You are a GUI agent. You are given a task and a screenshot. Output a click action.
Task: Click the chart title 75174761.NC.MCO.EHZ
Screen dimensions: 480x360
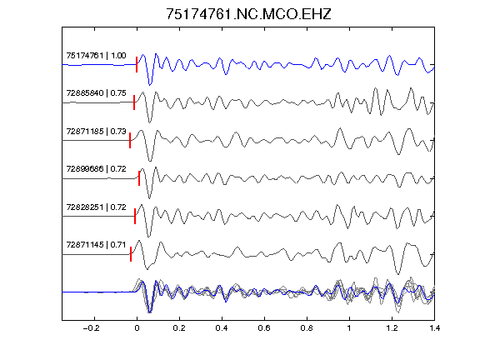[248, 14]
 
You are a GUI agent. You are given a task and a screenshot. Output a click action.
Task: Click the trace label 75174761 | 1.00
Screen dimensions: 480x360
[96, 56]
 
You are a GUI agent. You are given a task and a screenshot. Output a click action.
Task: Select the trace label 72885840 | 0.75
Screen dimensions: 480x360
[96, 93]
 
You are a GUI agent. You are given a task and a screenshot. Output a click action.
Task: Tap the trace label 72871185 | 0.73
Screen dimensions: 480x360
[96, 132]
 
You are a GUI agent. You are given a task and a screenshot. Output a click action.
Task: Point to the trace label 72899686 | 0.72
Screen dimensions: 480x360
[96, 169]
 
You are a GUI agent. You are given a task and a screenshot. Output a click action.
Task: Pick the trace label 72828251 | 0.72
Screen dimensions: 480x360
[96, 207]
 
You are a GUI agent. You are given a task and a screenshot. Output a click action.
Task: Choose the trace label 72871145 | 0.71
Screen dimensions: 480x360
[96, 245]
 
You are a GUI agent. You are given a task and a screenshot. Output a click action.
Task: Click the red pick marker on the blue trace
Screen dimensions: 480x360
[137, 65]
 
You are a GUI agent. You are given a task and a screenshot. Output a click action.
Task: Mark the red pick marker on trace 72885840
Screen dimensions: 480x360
[134, 102]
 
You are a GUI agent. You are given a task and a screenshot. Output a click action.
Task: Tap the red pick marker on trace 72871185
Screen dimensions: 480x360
[130, 140]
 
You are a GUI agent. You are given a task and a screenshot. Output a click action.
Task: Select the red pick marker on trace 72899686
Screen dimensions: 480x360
[139, 178]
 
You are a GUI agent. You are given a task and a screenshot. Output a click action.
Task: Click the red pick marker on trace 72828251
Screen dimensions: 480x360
[135, 216]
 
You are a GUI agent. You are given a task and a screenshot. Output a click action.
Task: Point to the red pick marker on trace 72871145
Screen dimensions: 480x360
[131, 254]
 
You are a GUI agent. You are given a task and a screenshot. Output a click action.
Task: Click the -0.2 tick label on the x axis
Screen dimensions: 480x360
[92, 328]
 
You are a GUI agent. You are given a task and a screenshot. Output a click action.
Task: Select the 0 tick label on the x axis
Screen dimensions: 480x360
[137, 328]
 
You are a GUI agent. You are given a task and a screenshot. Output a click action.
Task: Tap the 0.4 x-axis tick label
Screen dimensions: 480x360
[222, 328]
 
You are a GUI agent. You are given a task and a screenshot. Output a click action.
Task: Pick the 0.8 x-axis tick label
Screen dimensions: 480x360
[307, 328]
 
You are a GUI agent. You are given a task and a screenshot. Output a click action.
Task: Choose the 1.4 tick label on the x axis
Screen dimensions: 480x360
[434, 328]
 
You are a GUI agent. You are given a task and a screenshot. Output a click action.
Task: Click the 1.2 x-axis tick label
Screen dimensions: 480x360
[392, 328]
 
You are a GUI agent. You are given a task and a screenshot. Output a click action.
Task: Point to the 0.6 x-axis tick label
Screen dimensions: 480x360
[264, 328]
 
